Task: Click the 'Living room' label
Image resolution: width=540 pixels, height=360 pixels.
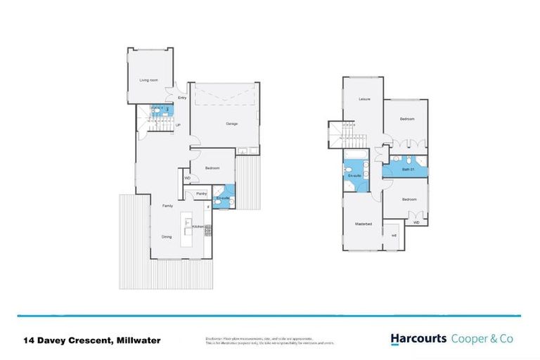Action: pyautogui.click(x=148, y=80)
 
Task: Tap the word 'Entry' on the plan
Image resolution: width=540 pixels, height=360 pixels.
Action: pyautogui.click(x=182, y=98)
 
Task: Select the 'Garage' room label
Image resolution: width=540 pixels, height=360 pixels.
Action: pyautogui.click(x=231, y=124)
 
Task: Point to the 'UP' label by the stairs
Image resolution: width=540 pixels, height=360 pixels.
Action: pyautogui.click(x=178, y=125)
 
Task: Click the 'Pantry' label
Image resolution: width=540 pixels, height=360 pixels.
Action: pyautogui.click(x=200, y=193)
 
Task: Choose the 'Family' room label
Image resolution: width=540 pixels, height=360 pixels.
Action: pyautogui.click(x=167, y=205)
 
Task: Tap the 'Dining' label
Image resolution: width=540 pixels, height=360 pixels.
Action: pyautogui.click(x=167, y=236)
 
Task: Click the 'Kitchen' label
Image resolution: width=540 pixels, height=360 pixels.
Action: pyautogui.click(x=198, y=226)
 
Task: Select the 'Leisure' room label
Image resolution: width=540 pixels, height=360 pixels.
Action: pyautogui.click(x=364, y=99)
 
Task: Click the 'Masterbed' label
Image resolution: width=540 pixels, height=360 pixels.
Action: pyautogui.click(x=363, y=223)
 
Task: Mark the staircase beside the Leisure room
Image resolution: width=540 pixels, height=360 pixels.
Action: pyautogui.click(x=342, y=134)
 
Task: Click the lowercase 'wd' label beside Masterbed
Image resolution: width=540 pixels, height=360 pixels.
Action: pyautogui.click(x=394, y=235)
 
